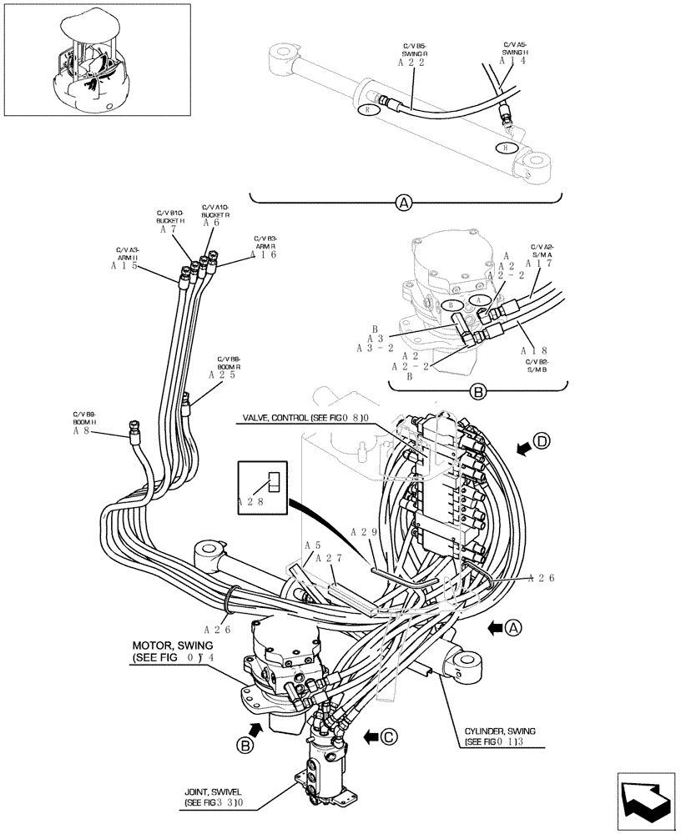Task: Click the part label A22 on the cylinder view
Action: click(411, 63)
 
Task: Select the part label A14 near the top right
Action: click(512, 61)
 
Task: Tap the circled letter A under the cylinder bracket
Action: click(404, 203)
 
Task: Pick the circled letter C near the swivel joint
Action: click(387, 736)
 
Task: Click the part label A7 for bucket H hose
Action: click(167, 229)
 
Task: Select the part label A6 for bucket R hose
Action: click(211, 223)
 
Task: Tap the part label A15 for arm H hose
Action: click(124, 266)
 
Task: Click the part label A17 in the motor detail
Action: click(539, 264)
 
